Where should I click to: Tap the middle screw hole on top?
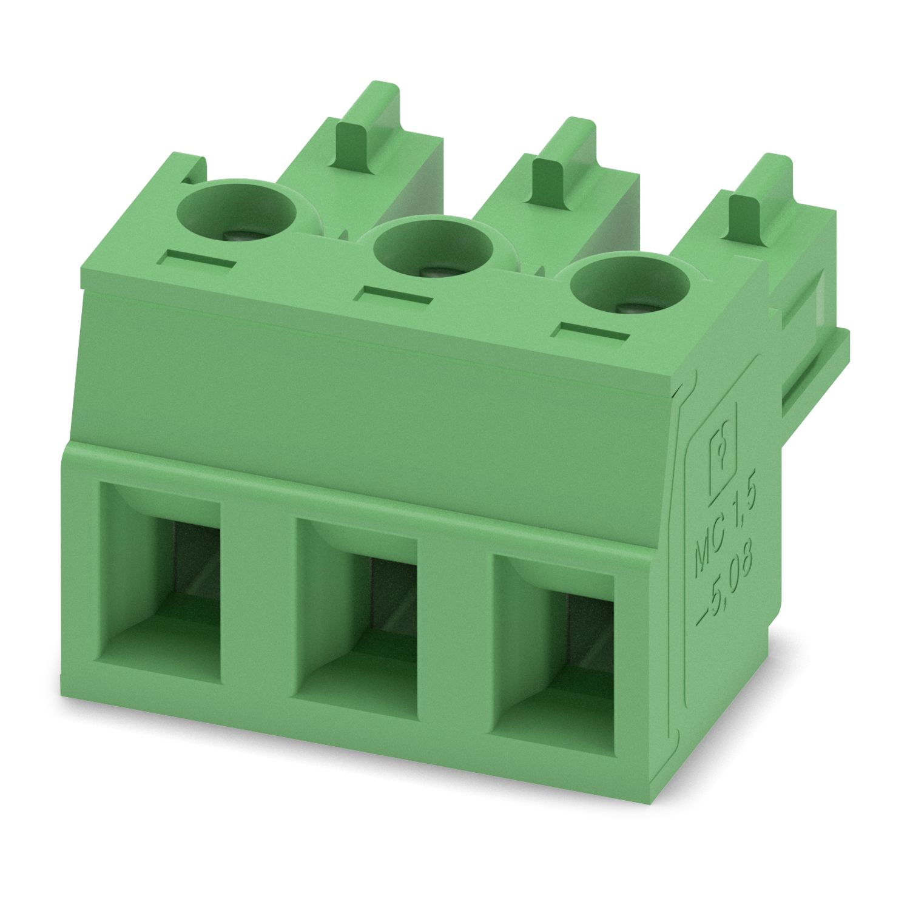coord(433,251)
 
